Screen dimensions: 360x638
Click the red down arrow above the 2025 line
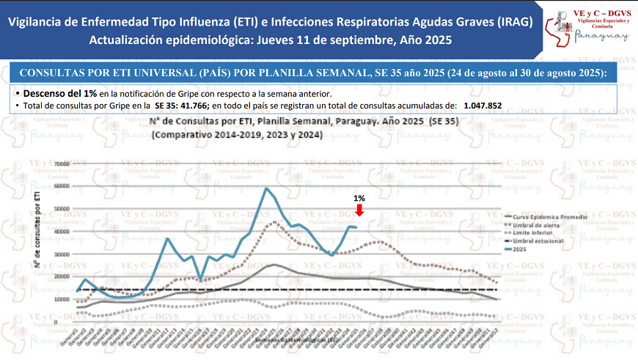(359, 210)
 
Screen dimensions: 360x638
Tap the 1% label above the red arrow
(359, 198)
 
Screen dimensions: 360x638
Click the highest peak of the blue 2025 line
(265, 188)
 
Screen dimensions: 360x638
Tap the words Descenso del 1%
(59, 94)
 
